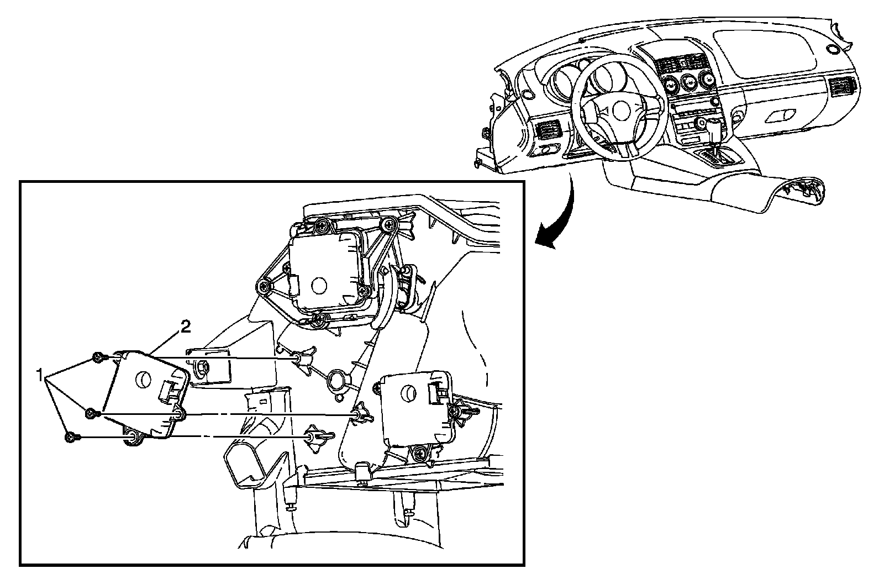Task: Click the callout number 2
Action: [x=185, y=328]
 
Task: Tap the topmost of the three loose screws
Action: [x=98, y=357]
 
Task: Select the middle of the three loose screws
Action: [x=91, y=413]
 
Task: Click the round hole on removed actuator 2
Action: [x=143, y=379]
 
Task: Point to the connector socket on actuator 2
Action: [x=166, y=391]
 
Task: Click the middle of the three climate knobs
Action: [x=688, y=83]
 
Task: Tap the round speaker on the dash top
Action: [x=832, y=49]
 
